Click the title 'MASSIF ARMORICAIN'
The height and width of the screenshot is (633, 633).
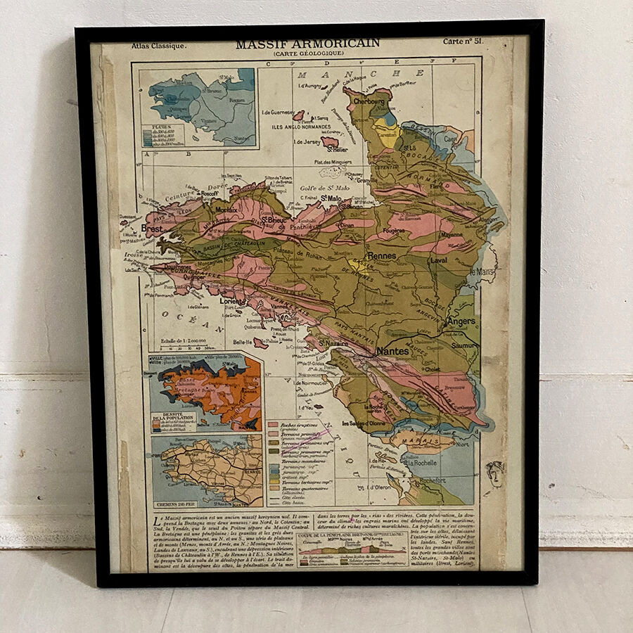307,44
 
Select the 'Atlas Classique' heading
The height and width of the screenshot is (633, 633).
159,46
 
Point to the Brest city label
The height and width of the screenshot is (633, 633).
152,229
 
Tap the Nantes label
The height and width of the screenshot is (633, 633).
392,350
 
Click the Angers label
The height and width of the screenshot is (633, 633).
461,321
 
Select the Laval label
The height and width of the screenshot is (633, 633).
439,260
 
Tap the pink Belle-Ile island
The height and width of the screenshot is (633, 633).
260,343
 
